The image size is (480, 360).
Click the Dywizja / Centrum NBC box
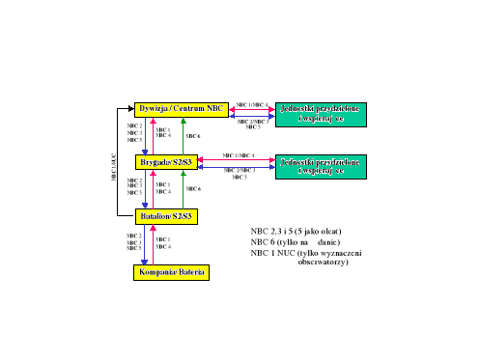tap(181, 110)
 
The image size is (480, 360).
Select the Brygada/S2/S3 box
tap(165, 162)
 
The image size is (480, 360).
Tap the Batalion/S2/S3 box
tap(165, 216)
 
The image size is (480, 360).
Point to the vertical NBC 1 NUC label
tap(113, 166)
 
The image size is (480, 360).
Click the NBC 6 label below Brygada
tap(193, 189)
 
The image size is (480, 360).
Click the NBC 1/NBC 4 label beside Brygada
tap(240, 154)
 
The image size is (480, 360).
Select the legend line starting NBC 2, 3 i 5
tap(296, 232)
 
